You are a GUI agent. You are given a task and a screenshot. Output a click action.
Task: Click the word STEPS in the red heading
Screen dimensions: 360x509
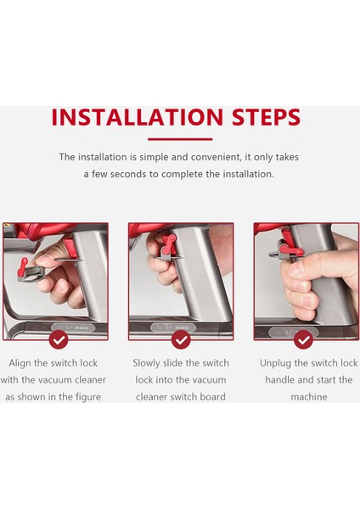[266, 117]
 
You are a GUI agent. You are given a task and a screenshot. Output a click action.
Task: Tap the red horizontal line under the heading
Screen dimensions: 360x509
[180, 139]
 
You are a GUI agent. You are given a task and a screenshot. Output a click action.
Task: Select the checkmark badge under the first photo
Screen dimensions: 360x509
[59, 339]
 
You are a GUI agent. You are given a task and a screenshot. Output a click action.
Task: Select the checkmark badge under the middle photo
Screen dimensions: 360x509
[181, 339]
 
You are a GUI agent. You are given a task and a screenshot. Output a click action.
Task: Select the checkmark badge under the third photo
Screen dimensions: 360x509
[303, 339]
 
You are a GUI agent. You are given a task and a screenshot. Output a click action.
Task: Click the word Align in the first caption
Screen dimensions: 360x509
[20, 363]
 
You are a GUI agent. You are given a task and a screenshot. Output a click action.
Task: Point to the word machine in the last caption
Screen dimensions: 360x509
[309, 397]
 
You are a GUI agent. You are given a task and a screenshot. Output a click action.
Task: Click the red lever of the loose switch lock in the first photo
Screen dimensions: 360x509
[24, 266]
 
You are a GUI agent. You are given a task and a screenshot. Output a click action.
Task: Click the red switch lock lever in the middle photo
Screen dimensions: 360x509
[169, 243]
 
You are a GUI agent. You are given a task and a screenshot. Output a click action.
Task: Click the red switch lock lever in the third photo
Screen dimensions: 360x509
[290, 249]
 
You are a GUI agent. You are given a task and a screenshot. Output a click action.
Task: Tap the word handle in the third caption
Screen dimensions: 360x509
[280, 380]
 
